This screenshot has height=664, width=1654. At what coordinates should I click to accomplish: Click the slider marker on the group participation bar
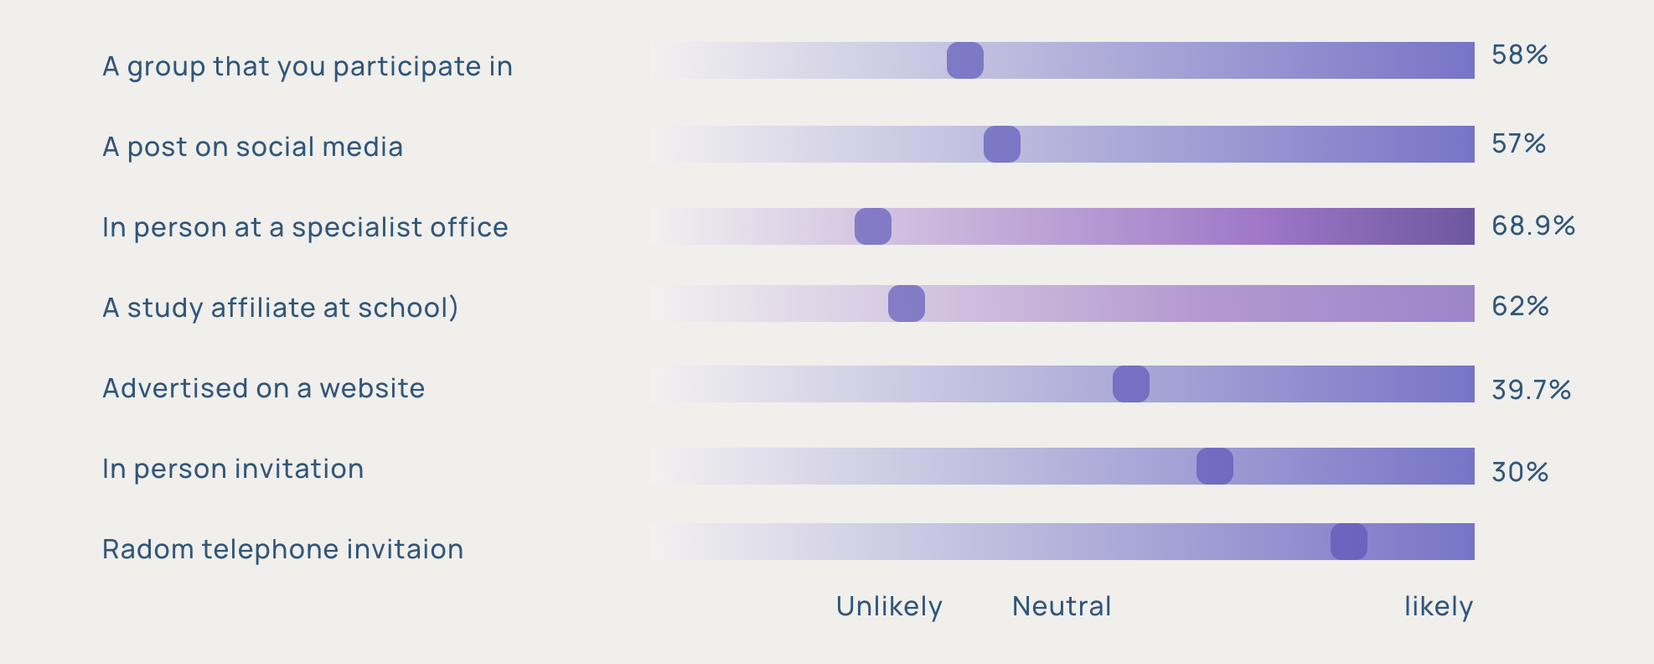[x=964, y=60]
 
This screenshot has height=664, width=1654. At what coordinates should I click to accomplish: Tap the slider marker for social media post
[x=1001, y=144]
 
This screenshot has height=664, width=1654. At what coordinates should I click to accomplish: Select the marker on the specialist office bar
[x=872, y=226]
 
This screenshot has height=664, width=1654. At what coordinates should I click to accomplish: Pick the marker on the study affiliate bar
[x=906, y=303]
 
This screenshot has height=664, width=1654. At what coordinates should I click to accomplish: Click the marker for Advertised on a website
[x=1130, y=384]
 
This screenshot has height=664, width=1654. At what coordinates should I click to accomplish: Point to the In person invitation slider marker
[x=1214, y=466]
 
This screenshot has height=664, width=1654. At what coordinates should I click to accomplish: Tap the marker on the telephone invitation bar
[x=1348, y=542]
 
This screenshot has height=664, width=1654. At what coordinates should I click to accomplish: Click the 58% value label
[x=1519, y=55]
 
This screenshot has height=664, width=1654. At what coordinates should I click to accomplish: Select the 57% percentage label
[x=1518, y=144]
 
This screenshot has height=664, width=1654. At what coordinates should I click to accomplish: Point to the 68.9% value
[x=1533, y=226]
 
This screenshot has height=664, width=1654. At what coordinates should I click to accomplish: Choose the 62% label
[x=1519, y=307]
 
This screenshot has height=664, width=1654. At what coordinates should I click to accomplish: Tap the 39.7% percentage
[x=1531, y=390]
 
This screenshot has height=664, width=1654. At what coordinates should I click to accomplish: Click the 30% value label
[x=1519, y=473]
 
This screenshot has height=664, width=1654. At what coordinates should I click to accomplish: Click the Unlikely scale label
[x=889, y=606]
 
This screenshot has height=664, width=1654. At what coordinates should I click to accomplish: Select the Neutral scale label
[x=1062, y=606]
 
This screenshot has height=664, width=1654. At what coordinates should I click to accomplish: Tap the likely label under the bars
[x=1438, y=606]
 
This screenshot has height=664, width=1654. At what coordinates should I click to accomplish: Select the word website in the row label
[x=372, y=388]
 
